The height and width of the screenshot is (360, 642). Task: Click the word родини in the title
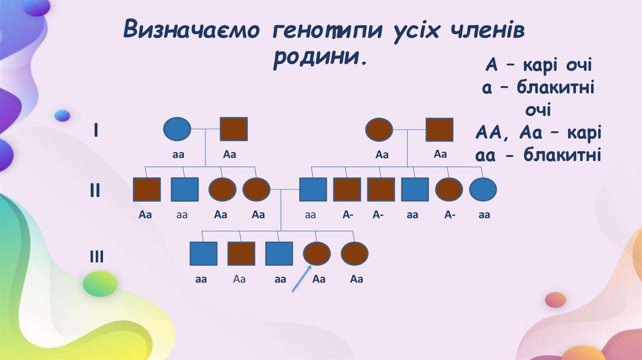[x=319, y=60]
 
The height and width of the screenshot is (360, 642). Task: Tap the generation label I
[x=95, y=130]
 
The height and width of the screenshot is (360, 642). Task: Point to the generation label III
[x=96, y=256]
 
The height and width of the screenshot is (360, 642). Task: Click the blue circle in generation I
[x=177, y=129]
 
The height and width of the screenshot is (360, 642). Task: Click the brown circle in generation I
[x=379, y=129]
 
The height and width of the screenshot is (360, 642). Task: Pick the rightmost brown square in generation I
[x=439, y=129]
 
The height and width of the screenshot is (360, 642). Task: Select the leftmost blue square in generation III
[x=203, y=254]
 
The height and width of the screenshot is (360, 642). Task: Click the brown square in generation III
[x=241, y=254]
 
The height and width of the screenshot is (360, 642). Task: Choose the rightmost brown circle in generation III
[x=354, y=254]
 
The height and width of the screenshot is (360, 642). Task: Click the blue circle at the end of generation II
[x=483, y=189]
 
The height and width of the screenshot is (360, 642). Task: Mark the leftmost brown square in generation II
[x=147, y=189]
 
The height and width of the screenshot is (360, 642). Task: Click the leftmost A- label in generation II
[x=348, y=215]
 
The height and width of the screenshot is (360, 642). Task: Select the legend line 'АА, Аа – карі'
[x=539, y=133]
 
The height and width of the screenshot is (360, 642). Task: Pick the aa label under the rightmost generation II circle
[x=483, y=215]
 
